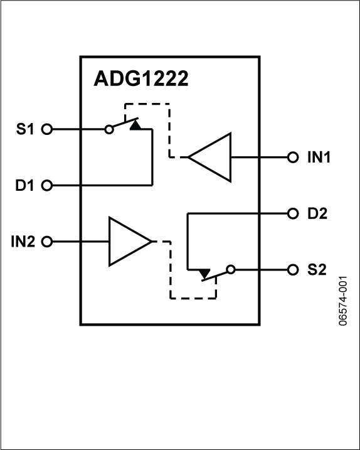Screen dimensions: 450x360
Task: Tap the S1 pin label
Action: (27, 130)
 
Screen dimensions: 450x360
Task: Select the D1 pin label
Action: (27, 186)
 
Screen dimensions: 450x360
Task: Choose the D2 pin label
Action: (317, 213)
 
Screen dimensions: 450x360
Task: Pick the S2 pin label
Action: (317, 270)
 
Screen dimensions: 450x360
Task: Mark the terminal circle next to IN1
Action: (292, 157)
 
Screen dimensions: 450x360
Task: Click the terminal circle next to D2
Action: (292, 213)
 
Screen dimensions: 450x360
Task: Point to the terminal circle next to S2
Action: (292, 270)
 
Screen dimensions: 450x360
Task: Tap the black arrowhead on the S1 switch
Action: (135, 126)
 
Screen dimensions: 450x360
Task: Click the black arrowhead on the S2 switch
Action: (204, 274)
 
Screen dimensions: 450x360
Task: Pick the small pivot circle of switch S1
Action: (109, 130)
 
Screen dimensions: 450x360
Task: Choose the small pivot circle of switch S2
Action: (230, 270)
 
